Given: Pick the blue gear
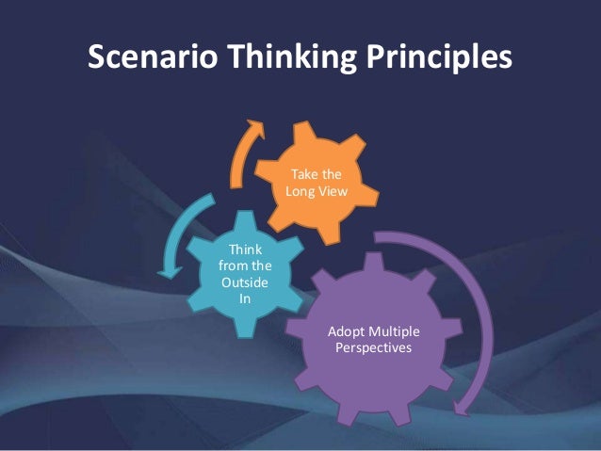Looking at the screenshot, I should pyautogui.click(x=242, y=273).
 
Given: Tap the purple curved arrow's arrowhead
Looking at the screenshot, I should pyautogui.click(x=462, y=406).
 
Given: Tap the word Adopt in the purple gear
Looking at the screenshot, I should pyautogui.click(x=347, y=332).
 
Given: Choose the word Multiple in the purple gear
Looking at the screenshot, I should pyautogui.click(x=396, y=332).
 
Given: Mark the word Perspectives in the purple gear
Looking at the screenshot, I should pyautogui.click(x=375, y=348).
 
